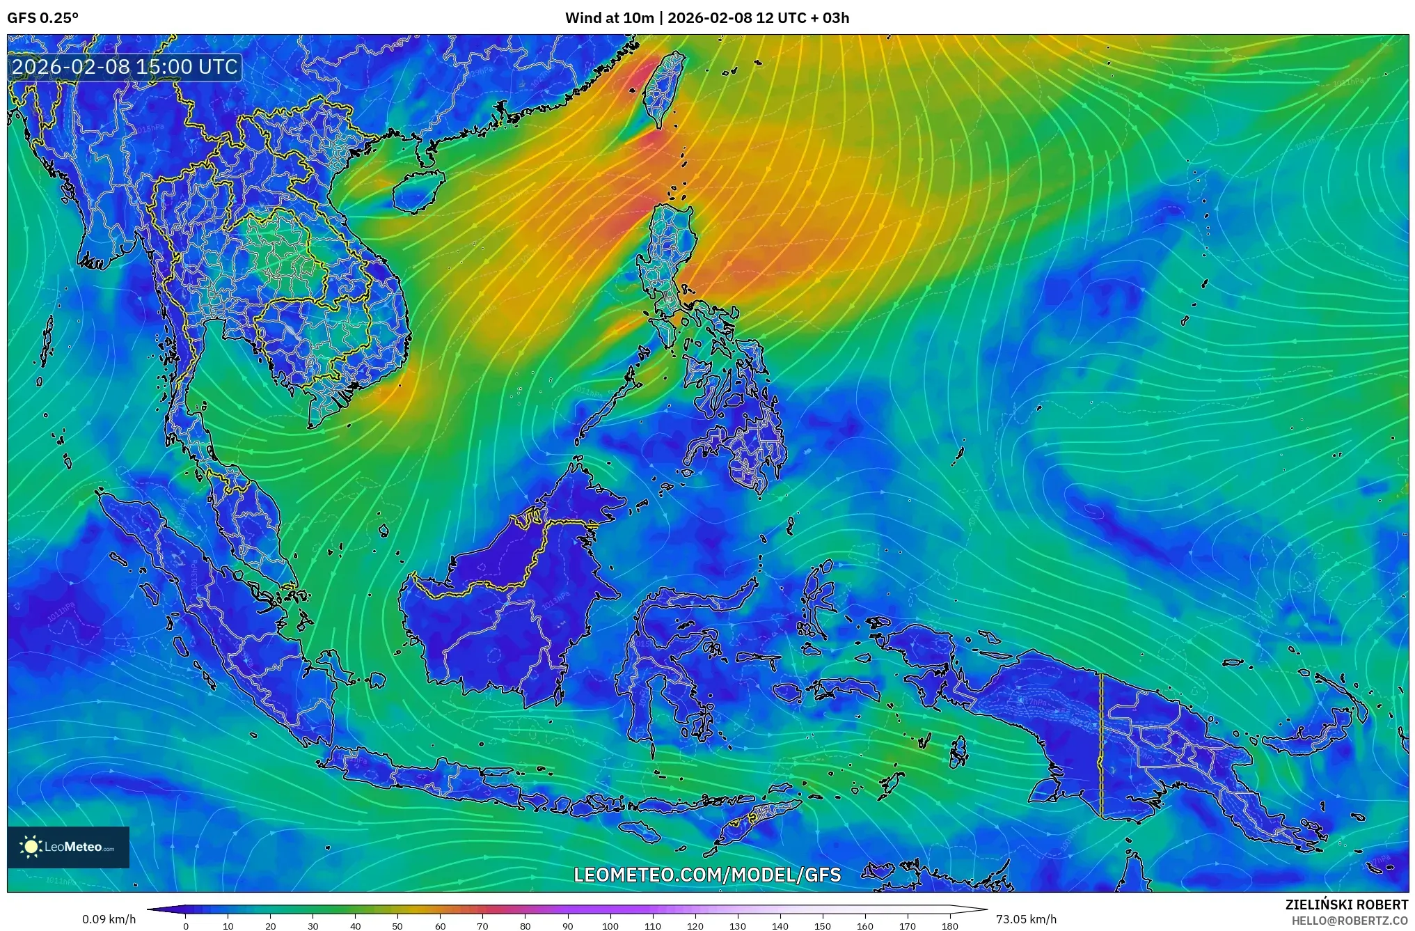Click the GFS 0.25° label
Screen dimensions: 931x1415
pos(42,18)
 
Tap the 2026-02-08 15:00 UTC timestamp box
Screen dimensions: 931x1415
pos(125,67)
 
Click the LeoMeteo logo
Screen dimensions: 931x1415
pos(68,847)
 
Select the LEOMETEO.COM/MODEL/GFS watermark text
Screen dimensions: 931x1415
pos(707,875)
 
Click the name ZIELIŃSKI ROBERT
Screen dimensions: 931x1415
pos(1346,905)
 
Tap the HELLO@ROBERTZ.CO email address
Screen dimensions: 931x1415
pos(1350,920)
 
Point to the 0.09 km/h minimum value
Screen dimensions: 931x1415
pos(109,919)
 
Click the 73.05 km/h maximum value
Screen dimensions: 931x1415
pos(1026,919)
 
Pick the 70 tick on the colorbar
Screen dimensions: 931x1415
pos(482,926)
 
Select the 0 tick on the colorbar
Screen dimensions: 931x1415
pos(186,926)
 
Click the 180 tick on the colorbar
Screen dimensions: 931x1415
pos(950,926)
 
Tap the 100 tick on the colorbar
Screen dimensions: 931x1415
pos(610,926)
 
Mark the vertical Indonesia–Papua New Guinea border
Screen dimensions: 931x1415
pos(1102,745)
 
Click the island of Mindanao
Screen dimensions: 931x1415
pos(745,453)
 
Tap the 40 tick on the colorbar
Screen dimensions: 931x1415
pos(355,926)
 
